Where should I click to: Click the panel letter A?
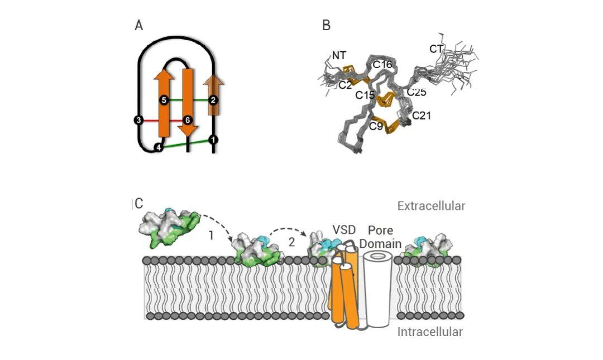point(139,25)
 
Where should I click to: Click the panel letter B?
point(327,25)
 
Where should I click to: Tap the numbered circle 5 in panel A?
point(164,100)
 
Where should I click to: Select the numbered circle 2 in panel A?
point(213,100)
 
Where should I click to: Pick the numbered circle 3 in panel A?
point(138,120)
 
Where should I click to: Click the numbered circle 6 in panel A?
point(188,120)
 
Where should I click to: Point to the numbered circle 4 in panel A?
point(159,147)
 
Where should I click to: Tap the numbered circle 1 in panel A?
point(213,139)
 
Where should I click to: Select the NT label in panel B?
point(339,55)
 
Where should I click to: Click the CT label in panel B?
point(437,49)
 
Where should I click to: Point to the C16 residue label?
point(382,65)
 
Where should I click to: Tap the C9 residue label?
point(376,126)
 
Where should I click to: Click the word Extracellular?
point(431,206)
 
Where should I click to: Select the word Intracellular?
point(430,332)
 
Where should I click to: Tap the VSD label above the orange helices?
point(344,229)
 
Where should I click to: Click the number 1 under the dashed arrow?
point(210,235)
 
